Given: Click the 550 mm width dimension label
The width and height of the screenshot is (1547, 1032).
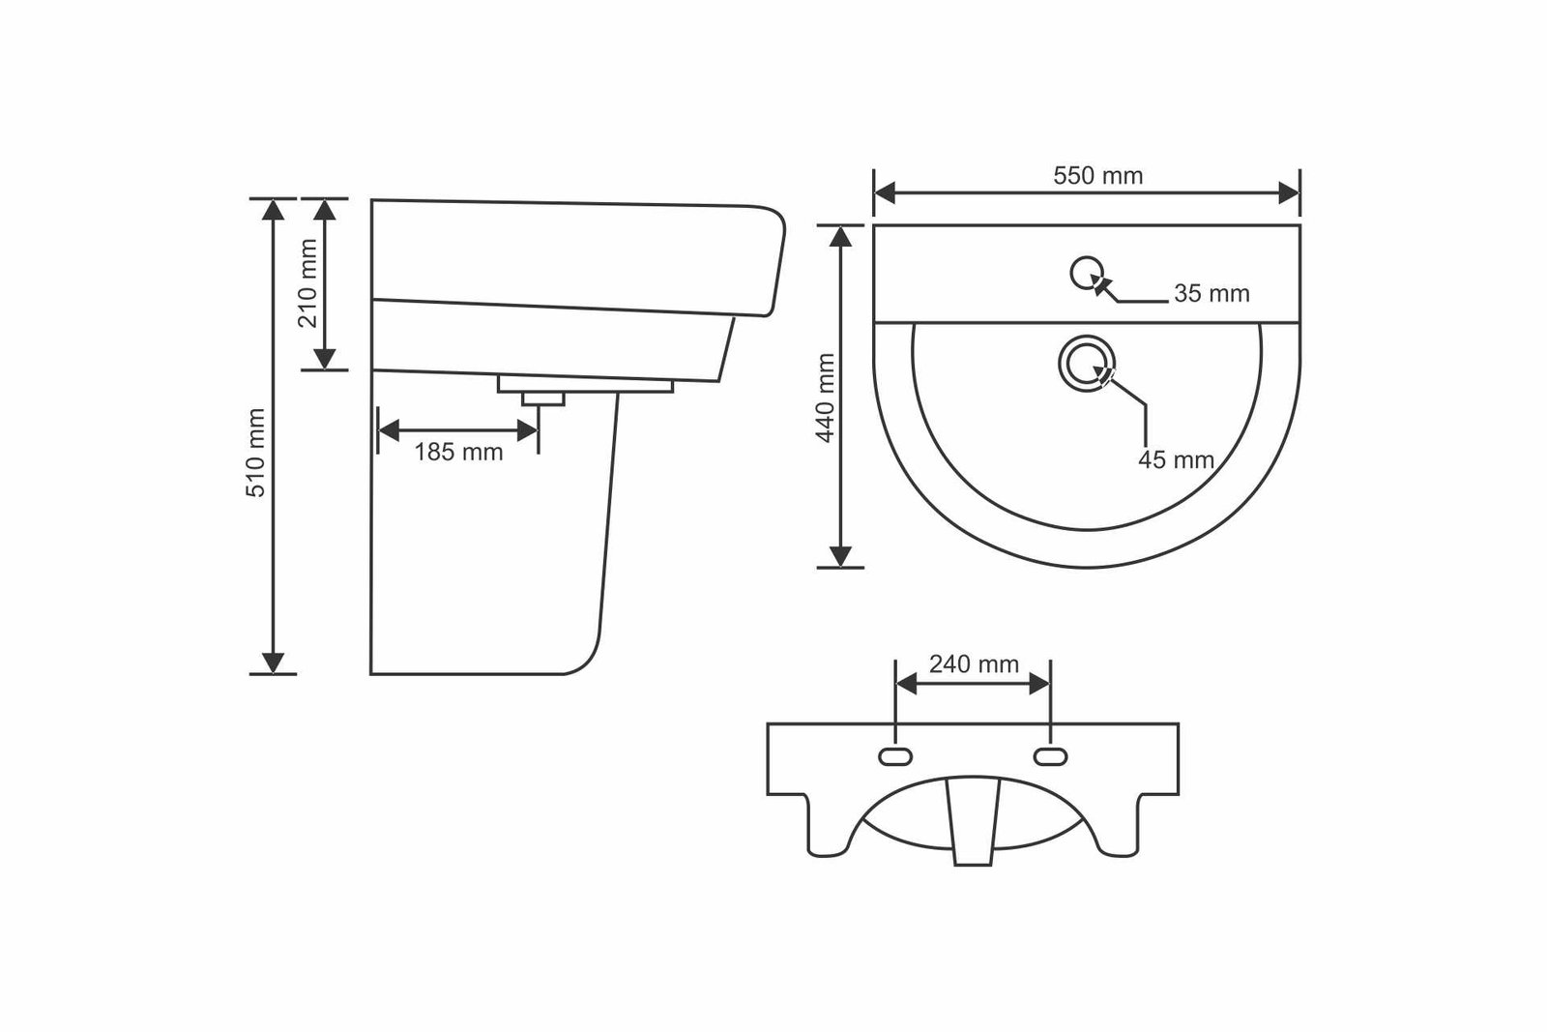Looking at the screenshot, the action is click(x=1098, y=175).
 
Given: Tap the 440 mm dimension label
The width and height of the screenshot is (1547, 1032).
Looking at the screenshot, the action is click(x=826, y=398).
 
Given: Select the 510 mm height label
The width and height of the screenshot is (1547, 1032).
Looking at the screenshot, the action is click(x=255, y=453).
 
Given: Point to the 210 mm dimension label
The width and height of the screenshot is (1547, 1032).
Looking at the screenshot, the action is click(x=307, y=283).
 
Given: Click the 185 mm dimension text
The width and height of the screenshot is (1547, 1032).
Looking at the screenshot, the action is click(x=458, y=453).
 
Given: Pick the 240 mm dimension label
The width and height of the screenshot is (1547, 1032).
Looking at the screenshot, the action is click(x=974, y=663).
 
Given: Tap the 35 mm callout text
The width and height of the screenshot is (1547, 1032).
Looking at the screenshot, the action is click(x=1212, y=294).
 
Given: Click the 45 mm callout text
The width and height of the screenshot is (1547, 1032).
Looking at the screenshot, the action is click(x=1176, y=459).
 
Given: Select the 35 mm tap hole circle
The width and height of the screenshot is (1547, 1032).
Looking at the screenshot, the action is click(x=1087, y=274).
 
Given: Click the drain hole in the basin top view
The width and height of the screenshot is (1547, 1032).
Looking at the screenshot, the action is click(x=1087, y=364).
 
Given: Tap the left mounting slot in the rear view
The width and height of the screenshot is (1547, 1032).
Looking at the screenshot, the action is click(x=895, y=757).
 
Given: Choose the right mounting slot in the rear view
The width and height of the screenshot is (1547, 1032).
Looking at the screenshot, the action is click(x=1050, y=757).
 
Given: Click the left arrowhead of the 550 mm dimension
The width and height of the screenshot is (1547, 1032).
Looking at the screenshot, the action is click(x=885, y=193).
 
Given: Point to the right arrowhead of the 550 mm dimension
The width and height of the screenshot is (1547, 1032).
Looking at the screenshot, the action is click(x=1289, y=193).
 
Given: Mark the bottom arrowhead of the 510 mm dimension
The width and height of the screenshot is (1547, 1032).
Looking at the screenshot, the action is click(x=274, y=663).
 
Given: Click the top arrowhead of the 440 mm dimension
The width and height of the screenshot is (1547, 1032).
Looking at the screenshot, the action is click(x=840, y=237).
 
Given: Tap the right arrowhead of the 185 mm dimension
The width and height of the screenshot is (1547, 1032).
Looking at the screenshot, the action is click(x=527, y=431).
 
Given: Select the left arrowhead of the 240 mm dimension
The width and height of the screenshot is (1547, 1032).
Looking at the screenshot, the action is click(x=906, y=684).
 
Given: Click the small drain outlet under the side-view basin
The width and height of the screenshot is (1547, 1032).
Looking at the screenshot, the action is click(x=542, y=398).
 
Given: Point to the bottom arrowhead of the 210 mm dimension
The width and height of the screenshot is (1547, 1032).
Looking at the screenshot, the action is click(x=325, y=359).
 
